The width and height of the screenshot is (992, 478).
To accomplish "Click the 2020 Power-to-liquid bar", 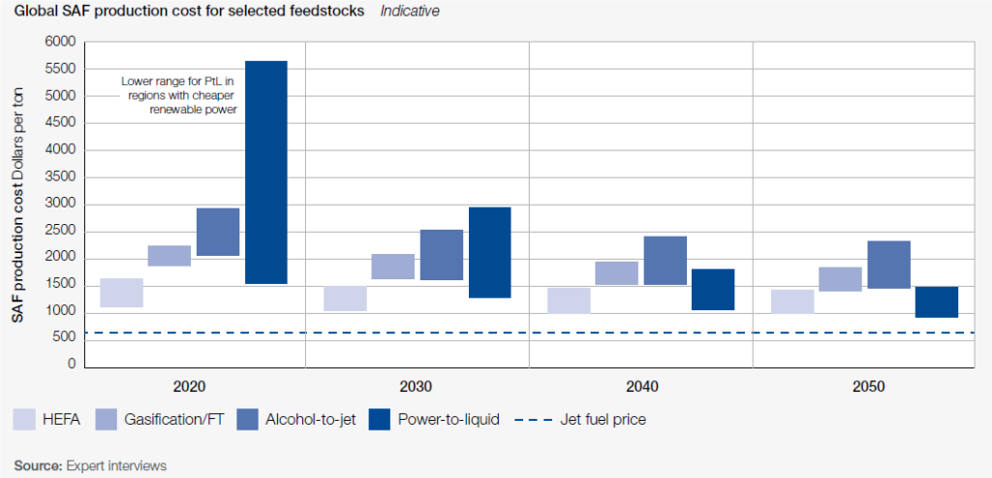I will [265, 172].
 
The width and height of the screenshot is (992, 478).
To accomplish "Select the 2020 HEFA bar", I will [121, 293].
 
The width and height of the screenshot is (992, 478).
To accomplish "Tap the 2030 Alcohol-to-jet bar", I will [441, 255].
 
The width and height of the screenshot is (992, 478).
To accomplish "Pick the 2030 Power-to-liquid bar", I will [489, 252].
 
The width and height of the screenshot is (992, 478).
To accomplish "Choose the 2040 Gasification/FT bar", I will [616, 272].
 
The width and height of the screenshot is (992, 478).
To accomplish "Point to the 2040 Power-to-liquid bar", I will [713, 289].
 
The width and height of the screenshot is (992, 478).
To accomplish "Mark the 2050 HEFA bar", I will [791, 302].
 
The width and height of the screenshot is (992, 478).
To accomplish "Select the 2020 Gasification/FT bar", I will [170, 256].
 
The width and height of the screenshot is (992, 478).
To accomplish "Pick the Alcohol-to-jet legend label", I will [312, 420].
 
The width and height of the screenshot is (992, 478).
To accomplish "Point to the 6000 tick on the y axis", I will [59, 43].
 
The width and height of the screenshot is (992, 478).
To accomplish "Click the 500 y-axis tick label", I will [64, 337].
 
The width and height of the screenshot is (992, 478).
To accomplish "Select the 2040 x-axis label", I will [641, 386].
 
